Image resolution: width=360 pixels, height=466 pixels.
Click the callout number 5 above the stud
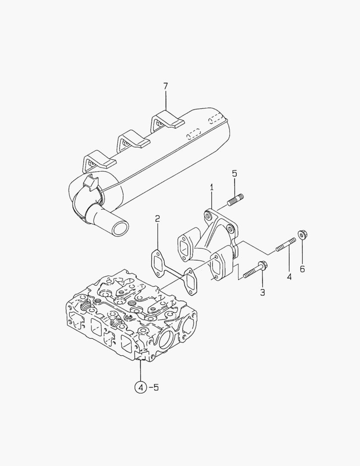pyautogui.click(x=235, y=173)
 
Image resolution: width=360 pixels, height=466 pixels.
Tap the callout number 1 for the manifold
pyautogui.click(x=212, y=187)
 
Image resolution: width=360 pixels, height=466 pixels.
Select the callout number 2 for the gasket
pyautogui.click(x=157, y=218)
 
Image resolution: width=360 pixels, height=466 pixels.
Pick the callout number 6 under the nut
pyautogui.click(x=302, y=269)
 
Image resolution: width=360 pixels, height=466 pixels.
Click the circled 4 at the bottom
pyautogui.click(x=141, y=387)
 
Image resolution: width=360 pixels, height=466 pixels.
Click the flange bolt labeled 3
pyautogui.click(x=254, y=270)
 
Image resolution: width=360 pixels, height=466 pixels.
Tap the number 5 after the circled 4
pyautogui.click(x=156, y=387)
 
